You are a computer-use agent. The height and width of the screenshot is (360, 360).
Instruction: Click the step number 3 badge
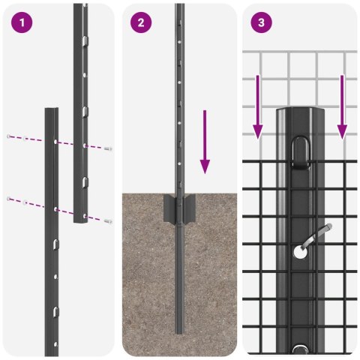(x=261, y=22)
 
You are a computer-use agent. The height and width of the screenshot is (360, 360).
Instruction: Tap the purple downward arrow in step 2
(x=205, y=142)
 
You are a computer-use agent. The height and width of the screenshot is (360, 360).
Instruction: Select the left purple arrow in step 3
(x=257, y=106)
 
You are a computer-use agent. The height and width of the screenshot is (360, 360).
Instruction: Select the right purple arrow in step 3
(x=342, y=106)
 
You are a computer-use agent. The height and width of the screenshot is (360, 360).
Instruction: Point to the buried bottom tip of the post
(x=179, y=330)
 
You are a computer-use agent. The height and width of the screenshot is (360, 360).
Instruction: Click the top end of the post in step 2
(x=179, y=6)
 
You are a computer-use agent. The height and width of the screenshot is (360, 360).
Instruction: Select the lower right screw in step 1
(x=109, y=221)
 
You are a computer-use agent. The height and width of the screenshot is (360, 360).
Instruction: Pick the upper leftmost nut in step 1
(x=8, y=136)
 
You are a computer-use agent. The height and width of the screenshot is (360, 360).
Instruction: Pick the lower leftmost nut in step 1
(x=8, y=198)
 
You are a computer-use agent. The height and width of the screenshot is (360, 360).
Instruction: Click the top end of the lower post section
(x=51, y=110)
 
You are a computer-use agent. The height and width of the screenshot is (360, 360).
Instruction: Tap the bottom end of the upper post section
(x=79, y=222)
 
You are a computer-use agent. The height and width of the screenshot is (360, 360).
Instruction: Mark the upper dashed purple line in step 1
(x=60, y=142)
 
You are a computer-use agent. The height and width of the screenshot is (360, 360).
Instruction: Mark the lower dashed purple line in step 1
(x=60, y=209)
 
